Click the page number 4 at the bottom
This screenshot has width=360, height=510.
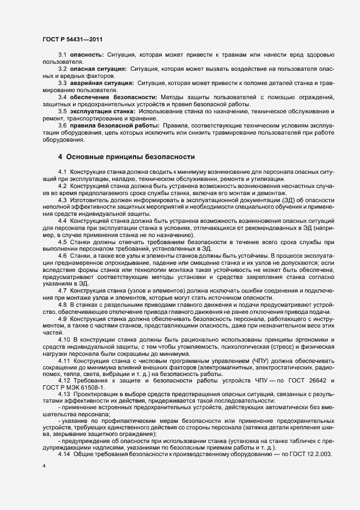click(44, 467)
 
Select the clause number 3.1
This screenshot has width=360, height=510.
click(62, 56)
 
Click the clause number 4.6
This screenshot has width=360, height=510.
click(62, 256)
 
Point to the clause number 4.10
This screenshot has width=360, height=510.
click(64, 339)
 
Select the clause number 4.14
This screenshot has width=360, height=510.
click(64, 439)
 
